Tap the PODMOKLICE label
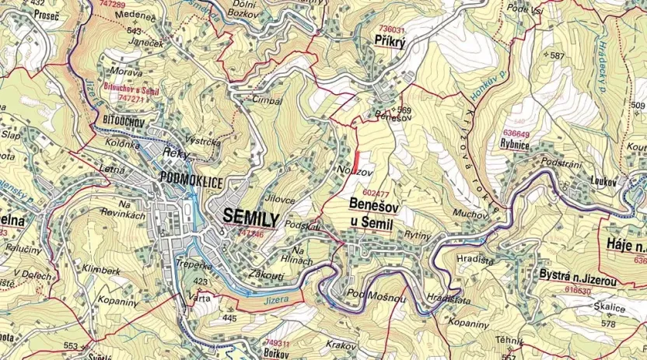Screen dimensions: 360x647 pos(191,181)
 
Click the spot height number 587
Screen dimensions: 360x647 pos(557,56)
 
